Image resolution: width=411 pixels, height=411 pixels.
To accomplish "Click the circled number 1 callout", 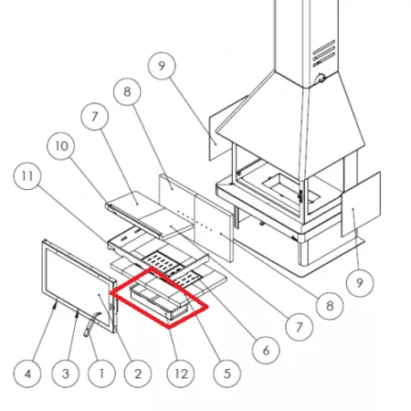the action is coord(101,374).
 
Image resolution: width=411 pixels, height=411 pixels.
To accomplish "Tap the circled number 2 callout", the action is coord(138,374).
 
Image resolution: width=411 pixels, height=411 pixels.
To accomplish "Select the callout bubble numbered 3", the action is coord(66,374).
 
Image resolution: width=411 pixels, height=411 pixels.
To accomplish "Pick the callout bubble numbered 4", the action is coord(27,374).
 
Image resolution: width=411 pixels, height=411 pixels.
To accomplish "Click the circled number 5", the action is coord(227,374).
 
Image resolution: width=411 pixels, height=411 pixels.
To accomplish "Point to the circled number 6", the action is coord(266,350).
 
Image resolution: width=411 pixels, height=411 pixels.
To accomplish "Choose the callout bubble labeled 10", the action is coord(61,146).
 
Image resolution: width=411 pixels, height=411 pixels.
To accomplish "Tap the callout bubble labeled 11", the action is coord(27,176).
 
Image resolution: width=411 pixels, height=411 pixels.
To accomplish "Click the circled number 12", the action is coord(181,374).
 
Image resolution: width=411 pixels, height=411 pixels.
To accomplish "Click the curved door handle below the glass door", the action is coord(90,324).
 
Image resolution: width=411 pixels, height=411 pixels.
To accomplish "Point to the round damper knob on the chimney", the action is coord(320,79).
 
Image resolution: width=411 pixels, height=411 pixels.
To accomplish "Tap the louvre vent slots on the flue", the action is coord(324,53).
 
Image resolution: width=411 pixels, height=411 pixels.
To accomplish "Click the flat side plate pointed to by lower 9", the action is coord(361,204).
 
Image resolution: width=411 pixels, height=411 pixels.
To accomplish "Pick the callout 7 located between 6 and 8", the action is coord(299,327).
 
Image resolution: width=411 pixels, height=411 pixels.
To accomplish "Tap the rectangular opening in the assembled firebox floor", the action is coord(290,189).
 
